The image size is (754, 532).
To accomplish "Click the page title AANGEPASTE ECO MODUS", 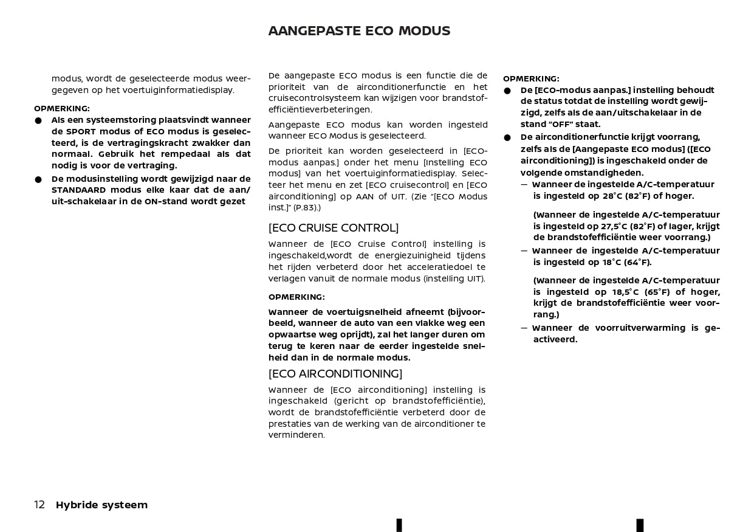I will pyautogui.click(x=359, y=31).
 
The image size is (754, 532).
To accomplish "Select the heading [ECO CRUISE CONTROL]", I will pyautogui.click(x=334, y=228).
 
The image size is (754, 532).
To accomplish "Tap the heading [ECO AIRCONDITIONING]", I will pyautogui.click(x=335, y=374).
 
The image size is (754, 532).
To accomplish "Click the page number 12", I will pyautogui.click(x=39, y=505).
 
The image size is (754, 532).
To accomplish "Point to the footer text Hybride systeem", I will pyautogui.click(x=101, y=505).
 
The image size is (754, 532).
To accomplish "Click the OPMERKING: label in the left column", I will pyautogui.click(x=62, y=109).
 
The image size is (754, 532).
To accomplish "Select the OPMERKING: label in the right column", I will pyautogui.click(x=531, y=79).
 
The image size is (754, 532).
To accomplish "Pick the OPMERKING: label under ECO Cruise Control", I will pyautogui.click(x=296, y=297).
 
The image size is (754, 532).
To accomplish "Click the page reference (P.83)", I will pyautogui.click(x=306, y=208).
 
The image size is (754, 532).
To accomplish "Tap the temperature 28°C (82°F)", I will pyautogui.click(x=626, y=196).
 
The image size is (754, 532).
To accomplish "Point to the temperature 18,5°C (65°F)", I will pyautogui.click(x=634, y=292).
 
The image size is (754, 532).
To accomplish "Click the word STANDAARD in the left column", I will pyautogui.click(x=78, y=190).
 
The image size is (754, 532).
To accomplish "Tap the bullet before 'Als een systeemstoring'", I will pyautogui.click(x=38, y=121).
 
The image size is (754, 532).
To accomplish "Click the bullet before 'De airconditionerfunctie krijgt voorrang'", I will pyautogui.click(x=507, y=138).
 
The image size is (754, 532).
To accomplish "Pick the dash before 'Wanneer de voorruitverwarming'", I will pyautogui.click(x=524, y=328).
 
